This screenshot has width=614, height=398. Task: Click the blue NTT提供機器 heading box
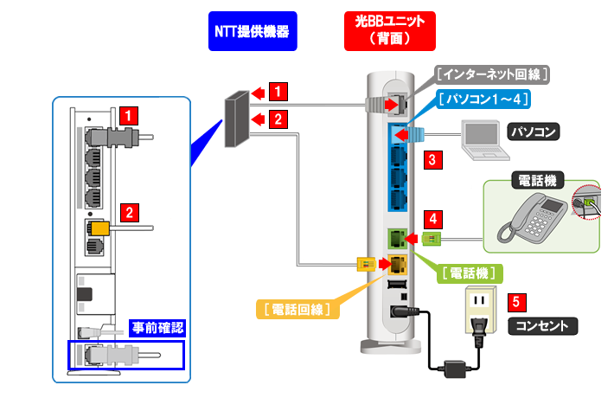[x=251, y=32]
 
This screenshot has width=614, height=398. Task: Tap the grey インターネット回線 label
[x=494, y=74]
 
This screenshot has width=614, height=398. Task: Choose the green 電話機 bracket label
[x=466, y=273]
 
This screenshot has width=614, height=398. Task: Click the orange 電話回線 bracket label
[x=298, y=308]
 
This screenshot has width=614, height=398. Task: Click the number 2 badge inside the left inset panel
[x=129, y=210]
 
